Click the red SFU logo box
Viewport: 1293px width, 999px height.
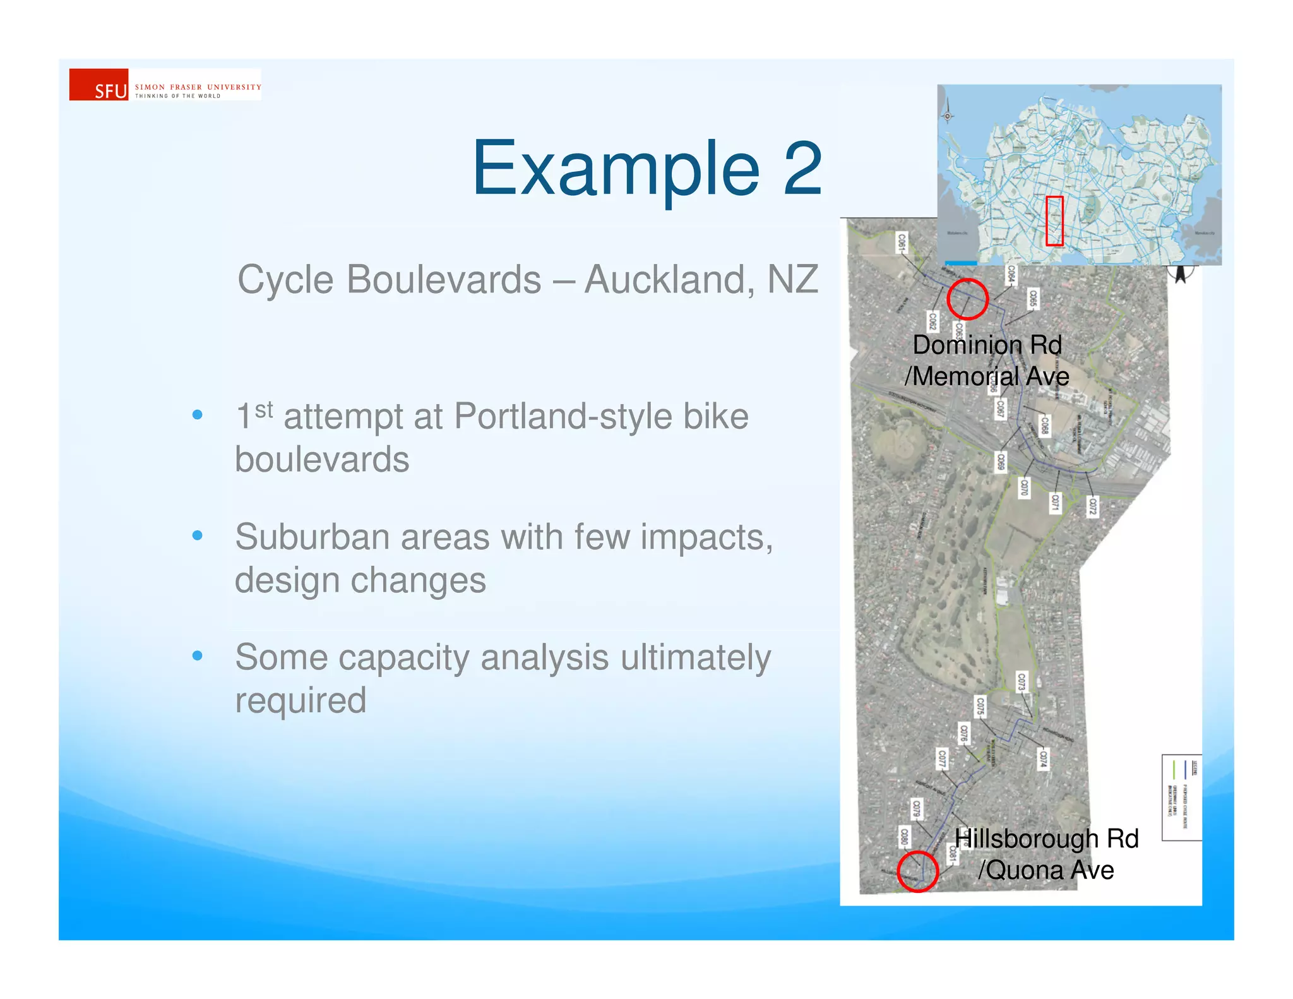(98, 85)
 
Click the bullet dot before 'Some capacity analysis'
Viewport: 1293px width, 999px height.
(198, 656)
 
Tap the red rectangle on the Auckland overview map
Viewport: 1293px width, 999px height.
(1054, 221)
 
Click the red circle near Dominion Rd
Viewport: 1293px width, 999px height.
(967, 299)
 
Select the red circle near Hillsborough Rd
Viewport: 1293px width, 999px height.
(917, 871)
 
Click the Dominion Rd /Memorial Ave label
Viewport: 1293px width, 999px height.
(987, 361)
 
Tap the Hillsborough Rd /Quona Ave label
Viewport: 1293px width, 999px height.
(1046, 854)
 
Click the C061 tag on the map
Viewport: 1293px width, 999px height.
(902, 242)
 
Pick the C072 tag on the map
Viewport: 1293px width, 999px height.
(1093, 506)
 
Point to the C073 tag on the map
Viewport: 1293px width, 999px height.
(1022, 682)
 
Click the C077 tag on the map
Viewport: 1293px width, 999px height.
(941, 758)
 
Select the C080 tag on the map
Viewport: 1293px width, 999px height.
(904, 837)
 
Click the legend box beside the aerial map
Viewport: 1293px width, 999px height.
(1181, 798)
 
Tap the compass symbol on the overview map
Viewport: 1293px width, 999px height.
(947, 116)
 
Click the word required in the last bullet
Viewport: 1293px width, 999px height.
(301, 701)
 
